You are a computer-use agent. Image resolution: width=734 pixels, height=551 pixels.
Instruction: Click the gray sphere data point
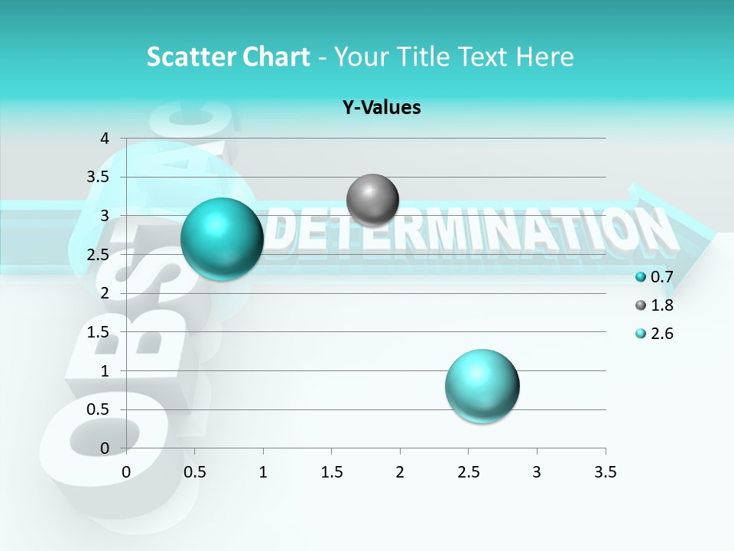coord(372,200)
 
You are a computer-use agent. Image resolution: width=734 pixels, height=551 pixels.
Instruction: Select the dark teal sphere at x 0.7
coord(222,238)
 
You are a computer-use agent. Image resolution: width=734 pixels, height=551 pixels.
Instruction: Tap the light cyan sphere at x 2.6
coord(482,385)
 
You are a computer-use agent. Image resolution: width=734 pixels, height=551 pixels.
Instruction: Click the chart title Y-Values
coord(381,108)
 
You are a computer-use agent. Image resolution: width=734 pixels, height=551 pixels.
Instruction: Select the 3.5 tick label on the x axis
coord(605,471)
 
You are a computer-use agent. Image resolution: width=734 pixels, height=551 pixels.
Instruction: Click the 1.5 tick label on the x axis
coord(331,471)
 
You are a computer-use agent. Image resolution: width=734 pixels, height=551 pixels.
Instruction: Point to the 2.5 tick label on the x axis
coord(468,471)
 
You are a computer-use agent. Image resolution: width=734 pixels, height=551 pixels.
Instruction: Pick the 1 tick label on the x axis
coord(263,471)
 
